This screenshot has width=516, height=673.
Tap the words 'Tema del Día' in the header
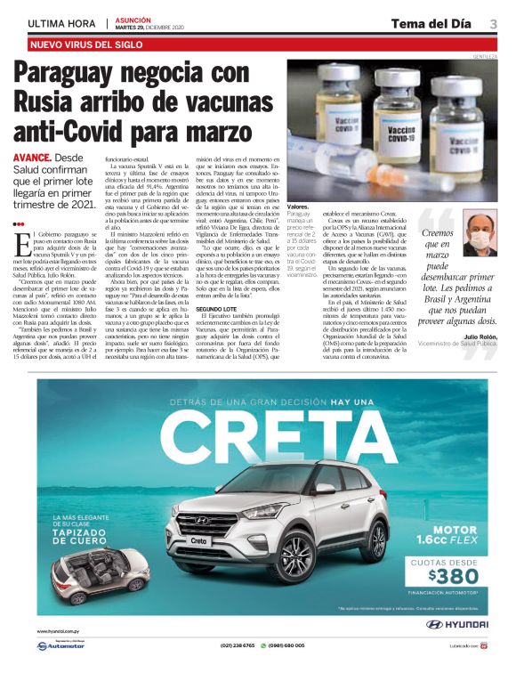coord(430,23)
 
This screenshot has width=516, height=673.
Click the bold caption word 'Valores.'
coord(301,207)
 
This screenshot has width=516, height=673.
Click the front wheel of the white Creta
coord(280,562)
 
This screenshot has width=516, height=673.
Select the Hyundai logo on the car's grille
coord(207,522)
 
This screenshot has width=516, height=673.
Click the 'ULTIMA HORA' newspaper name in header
coord(60,23)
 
